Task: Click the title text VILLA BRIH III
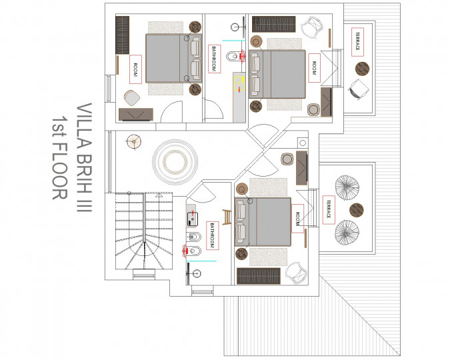(85, 157)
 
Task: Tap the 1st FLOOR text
(60, 157)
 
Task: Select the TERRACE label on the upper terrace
(357, 41)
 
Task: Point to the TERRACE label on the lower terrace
(329, 209)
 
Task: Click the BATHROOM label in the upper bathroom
(215, 59)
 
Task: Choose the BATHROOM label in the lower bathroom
(213, 235)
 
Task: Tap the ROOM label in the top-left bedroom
(135, 69)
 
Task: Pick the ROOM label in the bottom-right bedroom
(297, 219)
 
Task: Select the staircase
(144, 231)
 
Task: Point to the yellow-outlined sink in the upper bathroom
(239, 83)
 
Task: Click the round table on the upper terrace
(362, 69)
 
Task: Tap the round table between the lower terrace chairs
(357, 210)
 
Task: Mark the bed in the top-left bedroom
(173, 58)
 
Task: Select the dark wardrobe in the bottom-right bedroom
(258, 276)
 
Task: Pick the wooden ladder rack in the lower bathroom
(227, 217)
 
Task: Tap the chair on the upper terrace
(358, 89)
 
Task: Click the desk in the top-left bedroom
(136, 114)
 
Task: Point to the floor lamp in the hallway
(134, 141)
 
